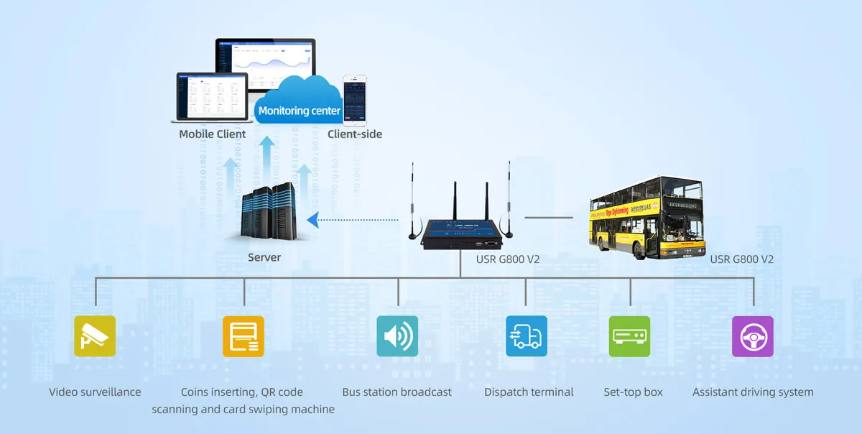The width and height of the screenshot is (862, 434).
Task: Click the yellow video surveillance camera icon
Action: pos(95,336)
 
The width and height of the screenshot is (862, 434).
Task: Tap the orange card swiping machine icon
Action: pos(244,336)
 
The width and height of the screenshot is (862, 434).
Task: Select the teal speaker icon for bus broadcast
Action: pos(397,336)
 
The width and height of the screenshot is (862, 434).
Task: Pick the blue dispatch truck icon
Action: pos(526,336)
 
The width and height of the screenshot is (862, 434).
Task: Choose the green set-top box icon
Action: pos(629,336)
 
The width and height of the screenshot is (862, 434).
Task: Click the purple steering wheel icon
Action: pos(752,336)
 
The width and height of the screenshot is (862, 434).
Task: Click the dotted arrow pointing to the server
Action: pos(352,218)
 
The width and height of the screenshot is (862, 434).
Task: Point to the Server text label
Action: pos(264,257)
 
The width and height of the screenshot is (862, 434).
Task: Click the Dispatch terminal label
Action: pos(529,392)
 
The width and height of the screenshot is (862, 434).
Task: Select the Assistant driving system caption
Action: pos(753,392)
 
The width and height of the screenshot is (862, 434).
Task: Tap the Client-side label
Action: pos(355,134)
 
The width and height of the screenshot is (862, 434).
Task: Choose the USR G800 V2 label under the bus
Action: pos(741,259)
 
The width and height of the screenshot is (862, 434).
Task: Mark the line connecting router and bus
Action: pos(549,216)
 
